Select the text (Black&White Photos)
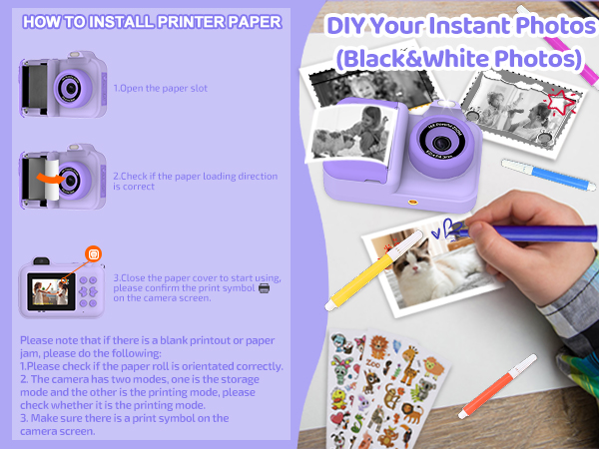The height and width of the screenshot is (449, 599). pyautogui.click(x=460, y=59)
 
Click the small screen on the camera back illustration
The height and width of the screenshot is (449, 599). pyautogui.click(x=49, y=291)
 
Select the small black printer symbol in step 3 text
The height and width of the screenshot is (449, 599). pyautogui.click(x=264, y=287)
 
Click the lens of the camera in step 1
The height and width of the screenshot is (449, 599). pyautogui.click(x=69, y=88)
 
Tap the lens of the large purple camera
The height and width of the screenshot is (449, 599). pyautogui.click(x=439, y=138)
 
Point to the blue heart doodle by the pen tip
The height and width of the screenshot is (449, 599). pyautogui.click(x=436, y=224)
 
